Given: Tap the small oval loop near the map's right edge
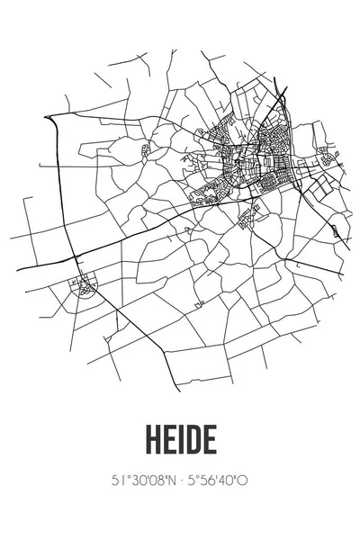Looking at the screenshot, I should [337, 231].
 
